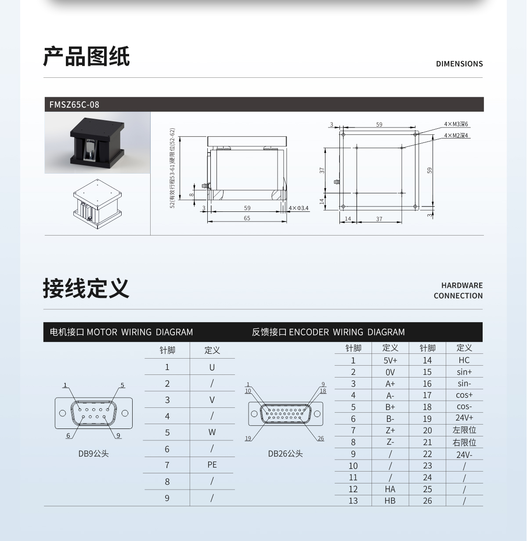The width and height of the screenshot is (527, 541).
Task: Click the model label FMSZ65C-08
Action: point(74,105)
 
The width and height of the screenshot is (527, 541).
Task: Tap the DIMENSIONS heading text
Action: point(459,64)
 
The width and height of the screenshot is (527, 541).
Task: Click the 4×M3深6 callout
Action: point(456,124)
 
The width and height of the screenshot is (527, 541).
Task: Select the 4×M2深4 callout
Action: point(456,135)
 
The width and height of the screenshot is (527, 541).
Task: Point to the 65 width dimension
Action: point(247,218)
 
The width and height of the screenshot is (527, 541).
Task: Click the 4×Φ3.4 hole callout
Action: point(299,208)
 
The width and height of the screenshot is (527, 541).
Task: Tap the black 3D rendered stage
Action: point(97,143)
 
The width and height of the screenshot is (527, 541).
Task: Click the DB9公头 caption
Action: point(94,454)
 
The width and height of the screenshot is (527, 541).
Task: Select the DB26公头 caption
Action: point(285,454)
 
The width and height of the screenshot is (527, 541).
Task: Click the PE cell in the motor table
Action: point(212,465)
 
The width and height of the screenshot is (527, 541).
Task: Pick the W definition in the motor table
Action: point(212,432)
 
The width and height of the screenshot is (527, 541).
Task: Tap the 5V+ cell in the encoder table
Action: point(390,360)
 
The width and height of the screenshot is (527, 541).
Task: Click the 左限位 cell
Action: point(464,430)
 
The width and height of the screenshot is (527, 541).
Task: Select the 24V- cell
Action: point(464,454)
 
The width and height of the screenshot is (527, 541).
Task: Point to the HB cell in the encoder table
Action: point(390,501)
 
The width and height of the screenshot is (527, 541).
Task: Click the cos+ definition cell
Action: point(464,395)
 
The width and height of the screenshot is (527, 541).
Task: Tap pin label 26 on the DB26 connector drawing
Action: point(321,439)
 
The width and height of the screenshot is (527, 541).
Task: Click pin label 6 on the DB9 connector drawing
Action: point(68,436)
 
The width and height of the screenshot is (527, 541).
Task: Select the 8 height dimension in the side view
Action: point(191,195)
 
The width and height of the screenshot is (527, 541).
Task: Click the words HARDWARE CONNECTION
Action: point(458,290)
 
